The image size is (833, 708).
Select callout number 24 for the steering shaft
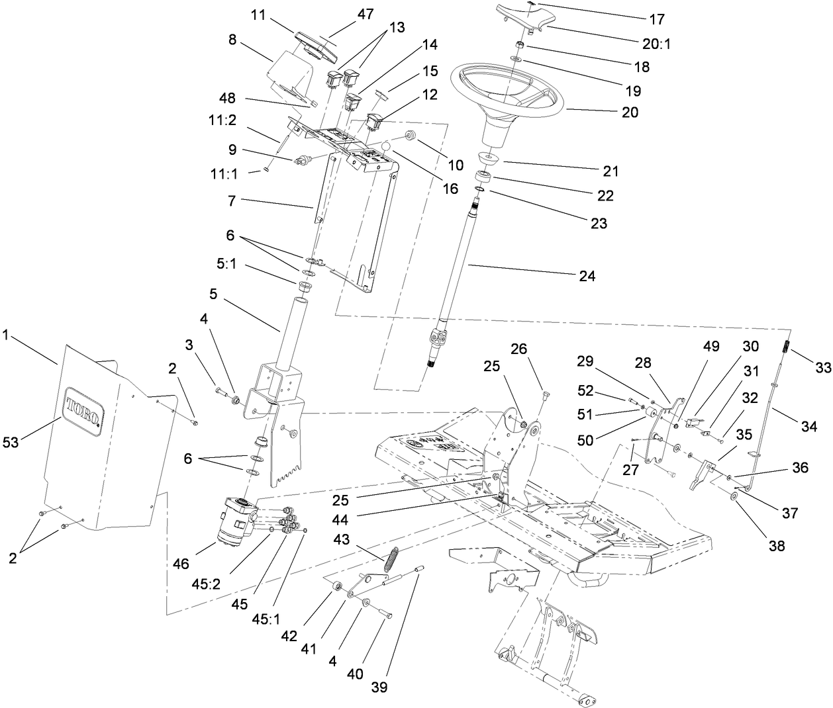coord(587,276)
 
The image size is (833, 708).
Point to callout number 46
coord(181,564)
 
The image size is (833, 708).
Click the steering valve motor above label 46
coord(235,523)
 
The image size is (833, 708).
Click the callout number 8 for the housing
coord(233,39)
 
